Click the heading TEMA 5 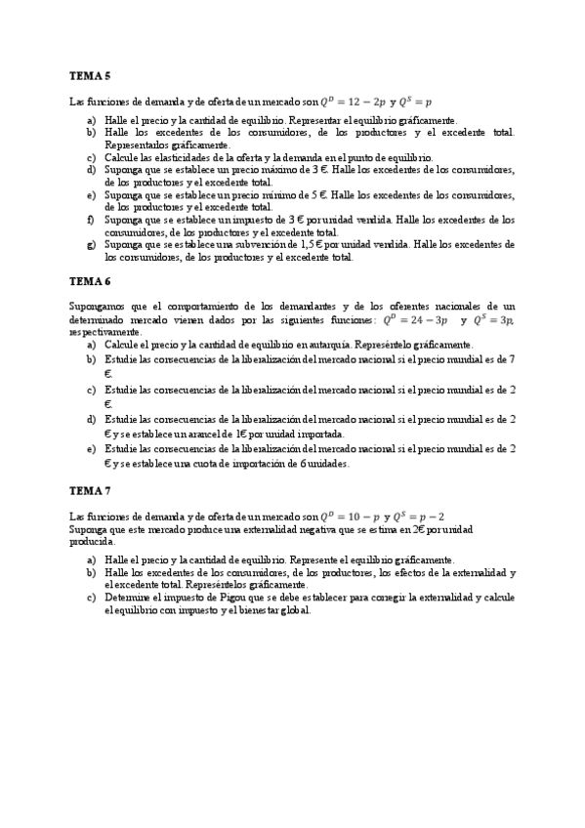tap(90, 75)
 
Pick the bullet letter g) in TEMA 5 tap(91, 245)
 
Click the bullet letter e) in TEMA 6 tap(91, 449)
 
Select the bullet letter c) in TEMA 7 tap(91, 597)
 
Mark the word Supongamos tap(97, 307)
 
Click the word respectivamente tap(102, 332)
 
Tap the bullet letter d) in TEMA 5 tap(91, 170)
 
